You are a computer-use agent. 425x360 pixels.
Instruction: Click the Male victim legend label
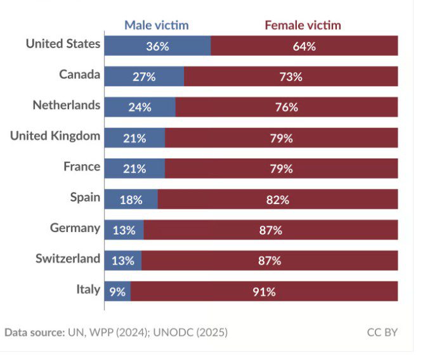(x=156, y=25)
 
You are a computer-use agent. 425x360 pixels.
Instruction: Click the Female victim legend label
(x=303, y=25)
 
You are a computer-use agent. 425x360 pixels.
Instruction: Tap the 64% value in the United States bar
(x=304, y=46)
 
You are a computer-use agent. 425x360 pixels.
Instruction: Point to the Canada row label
(x=79, y=75)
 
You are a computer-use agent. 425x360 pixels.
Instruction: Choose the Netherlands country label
(x=66, y=105)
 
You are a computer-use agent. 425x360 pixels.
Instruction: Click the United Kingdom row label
(x=55, y=136)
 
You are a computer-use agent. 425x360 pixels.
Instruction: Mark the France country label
(x=82, y=167)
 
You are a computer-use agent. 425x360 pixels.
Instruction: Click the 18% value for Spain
(x=131, y=200)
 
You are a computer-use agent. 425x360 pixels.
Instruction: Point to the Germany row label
(x=75, y=228)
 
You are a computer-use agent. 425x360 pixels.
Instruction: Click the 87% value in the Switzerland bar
(x=270, y=260)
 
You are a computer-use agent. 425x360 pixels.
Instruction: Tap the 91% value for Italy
(x=264, y=292)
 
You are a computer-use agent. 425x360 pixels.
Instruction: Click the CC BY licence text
(x=383, y=332)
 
